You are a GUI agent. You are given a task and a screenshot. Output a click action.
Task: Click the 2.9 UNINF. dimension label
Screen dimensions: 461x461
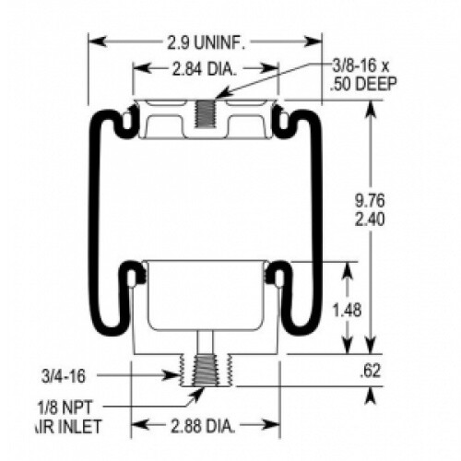click(207, 42)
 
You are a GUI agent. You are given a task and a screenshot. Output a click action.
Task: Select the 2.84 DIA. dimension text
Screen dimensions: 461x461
click(205, 69)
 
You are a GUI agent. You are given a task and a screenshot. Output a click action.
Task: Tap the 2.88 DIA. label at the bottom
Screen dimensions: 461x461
click(203, 426)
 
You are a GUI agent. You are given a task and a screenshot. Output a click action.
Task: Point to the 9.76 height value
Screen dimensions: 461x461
click(370, 201)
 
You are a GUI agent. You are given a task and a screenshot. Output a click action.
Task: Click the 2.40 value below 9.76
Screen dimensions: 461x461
click(370, 219)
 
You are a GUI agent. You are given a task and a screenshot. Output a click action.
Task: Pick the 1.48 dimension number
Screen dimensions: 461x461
click(347, 311)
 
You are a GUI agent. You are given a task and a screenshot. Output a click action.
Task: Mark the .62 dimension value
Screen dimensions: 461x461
click(370, 371)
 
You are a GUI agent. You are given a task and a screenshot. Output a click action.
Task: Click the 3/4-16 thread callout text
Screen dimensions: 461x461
click(64, 376)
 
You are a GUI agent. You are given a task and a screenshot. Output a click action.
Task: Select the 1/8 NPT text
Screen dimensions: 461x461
click(65, 408)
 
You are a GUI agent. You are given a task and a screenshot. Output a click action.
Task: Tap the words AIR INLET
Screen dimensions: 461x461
click(68, 427)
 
